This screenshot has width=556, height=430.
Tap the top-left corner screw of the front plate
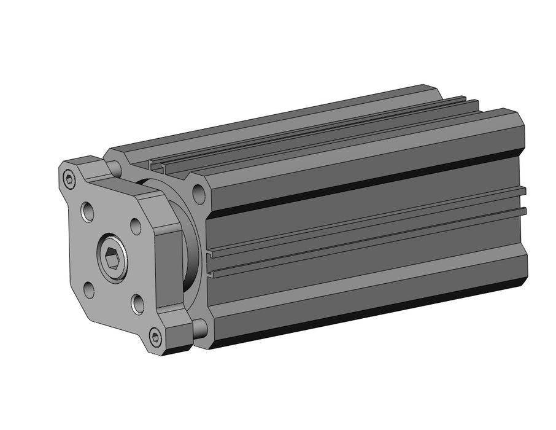(x=69, y=179)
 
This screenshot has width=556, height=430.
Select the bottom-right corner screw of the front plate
(x=155, y=337)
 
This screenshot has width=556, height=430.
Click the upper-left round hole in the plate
(x=88, y=213)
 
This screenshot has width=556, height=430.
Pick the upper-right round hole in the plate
(x=136, y=225)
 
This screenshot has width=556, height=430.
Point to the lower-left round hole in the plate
(x=89, y=289)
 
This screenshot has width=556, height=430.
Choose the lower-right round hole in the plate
(x=137, y=303)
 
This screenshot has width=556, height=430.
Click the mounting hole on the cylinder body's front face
(x=198, y=194)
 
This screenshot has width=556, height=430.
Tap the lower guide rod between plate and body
(x=199, y=330)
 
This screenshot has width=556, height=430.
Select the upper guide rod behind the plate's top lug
(x=115, y=166)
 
